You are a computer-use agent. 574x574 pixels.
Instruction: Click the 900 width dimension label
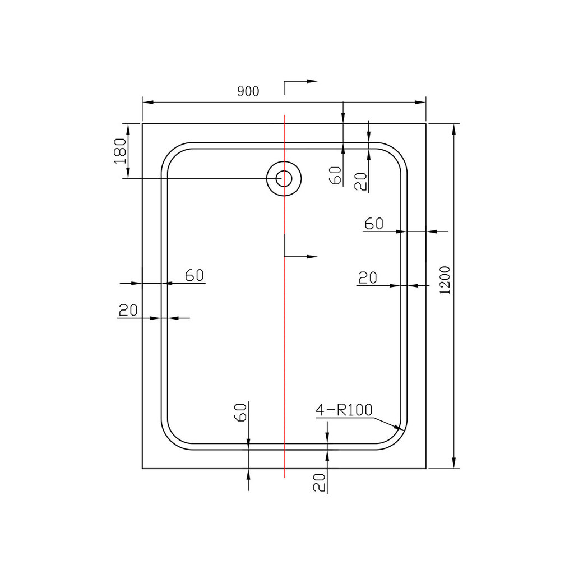point(248,91)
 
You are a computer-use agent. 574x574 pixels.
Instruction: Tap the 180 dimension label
point(119,151)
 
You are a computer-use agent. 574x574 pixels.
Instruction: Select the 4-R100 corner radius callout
point(344,411)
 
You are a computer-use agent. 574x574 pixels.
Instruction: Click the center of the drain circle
point(284,179)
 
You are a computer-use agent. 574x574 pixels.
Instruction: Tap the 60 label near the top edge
point(336,176)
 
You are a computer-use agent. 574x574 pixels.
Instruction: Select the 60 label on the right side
point(373,224)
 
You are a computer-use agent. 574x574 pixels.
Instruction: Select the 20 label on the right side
point(367,277)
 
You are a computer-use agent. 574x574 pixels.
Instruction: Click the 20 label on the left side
point(128,310)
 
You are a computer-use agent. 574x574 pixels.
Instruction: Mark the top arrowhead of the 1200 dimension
point(453,128)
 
